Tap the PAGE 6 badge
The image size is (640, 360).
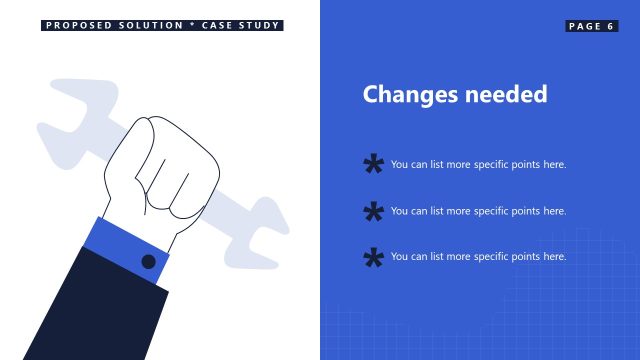[591, 26]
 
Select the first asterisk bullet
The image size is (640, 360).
[373, 165]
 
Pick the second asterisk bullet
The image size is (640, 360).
[373, 211]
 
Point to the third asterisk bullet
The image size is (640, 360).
[373, 257]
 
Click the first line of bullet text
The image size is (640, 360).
[478, 165]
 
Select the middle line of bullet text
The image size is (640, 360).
[478, 211]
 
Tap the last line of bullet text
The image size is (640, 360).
[478, 257]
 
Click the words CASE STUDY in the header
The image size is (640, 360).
[239, 26]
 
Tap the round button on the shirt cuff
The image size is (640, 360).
[148, 262]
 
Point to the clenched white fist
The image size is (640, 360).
[165, 170]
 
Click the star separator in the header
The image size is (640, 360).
[192, 25]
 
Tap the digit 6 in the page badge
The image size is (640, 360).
[609, 26]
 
